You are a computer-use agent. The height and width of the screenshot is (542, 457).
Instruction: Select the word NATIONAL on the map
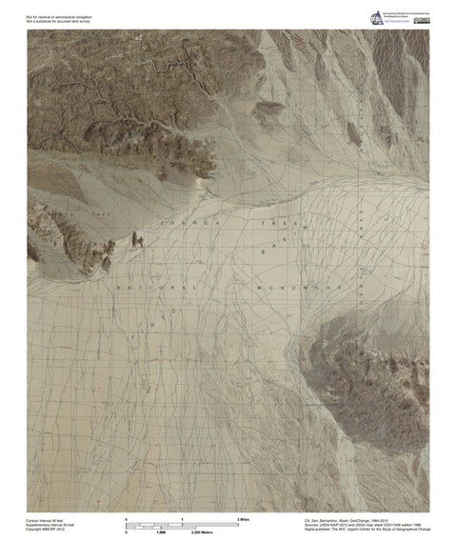click(x=158, y=286)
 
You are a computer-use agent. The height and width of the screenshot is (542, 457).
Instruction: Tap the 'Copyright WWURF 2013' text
click(x=48, y=531)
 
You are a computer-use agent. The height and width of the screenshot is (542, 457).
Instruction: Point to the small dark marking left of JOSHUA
click(x=138, y=241)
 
